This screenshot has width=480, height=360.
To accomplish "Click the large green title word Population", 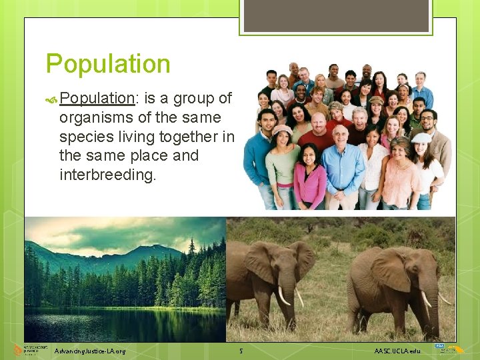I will (108, 64).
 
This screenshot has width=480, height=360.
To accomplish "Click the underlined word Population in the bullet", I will (97, 98).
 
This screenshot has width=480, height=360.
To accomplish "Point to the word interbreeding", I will (107, 175).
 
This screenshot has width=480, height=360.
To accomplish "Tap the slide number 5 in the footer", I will (241, 351).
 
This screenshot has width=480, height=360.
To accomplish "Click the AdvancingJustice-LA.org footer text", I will (90, 351).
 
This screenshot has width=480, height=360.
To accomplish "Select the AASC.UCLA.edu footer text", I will (397, 351).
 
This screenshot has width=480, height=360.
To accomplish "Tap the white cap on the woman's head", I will (421, 138).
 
